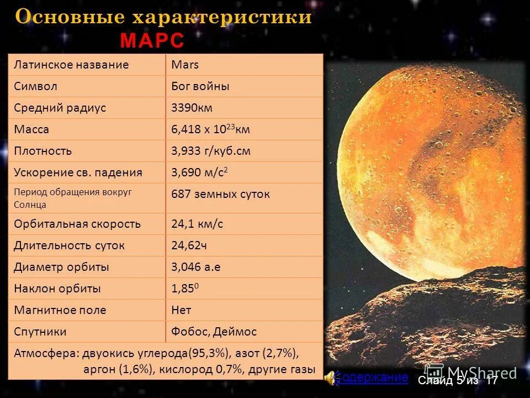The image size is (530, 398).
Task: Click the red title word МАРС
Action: tap(152, 41)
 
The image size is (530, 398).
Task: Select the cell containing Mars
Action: tap(185, 65)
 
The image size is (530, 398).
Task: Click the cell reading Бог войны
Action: tap(200, 86)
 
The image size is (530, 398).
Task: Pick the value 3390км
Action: tap(192, 108)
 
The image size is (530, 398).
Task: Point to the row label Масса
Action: tap(31, 129)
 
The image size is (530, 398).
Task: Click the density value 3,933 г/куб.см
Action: tap(211, 151)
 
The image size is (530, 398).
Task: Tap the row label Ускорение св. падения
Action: tap(78, 172)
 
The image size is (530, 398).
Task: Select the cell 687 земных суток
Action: tap(221, 194)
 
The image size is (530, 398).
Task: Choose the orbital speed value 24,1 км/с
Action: tap(197, 224)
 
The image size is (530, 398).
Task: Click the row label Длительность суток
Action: tap(70, 245)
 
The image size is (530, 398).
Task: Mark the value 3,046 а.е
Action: tap(196, 267)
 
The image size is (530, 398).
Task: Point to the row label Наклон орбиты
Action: tap(57, 289)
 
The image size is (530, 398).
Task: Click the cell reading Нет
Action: tap(181, 310)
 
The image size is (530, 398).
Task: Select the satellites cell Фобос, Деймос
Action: tap(214, 332)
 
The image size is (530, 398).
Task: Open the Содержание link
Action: tap(372, 378)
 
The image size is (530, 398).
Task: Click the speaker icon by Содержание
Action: tap(329, 378)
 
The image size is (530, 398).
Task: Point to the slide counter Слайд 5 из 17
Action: tap(458, 380)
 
